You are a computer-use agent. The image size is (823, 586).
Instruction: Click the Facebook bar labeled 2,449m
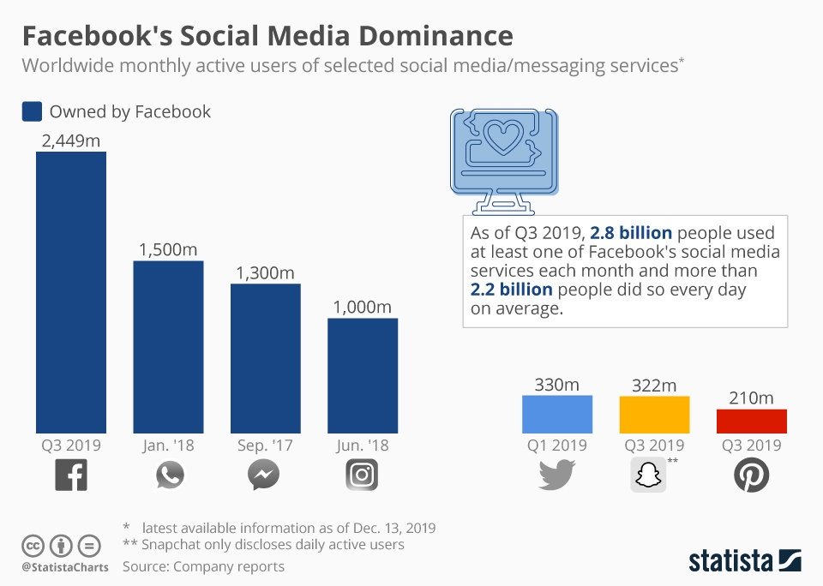tap(71, 292)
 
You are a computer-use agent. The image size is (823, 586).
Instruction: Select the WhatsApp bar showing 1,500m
tap(168, 347)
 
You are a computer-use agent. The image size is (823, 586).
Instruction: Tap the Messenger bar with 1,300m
tap(265, 358)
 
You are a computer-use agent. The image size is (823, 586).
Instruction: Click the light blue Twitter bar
tap(557, 414)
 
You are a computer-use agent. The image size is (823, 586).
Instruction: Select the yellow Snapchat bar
tap(654, 415)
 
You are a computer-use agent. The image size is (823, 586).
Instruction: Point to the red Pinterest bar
tap(752, 421)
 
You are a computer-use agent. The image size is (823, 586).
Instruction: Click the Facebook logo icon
tap(71, 475)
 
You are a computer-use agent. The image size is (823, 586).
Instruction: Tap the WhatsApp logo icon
tap(169, 475)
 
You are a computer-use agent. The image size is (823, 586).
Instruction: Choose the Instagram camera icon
tap(362, 475)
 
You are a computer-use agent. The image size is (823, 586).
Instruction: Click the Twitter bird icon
tap(557, 475)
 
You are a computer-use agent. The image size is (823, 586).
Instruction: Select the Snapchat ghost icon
tap(648, 475)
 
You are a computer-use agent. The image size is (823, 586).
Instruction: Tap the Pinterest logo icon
tap(752, 475)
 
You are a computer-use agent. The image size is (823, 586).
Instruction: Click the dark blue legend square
tap(32, 111)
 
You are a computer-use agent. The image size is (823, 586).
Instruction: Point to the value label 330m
tap(557, 385)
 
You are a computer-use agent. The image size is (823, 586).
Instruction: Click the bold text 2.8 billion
tap(631, 233)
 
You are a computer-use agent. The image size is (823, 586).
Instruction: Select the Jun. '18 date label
tap(363, 445)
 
